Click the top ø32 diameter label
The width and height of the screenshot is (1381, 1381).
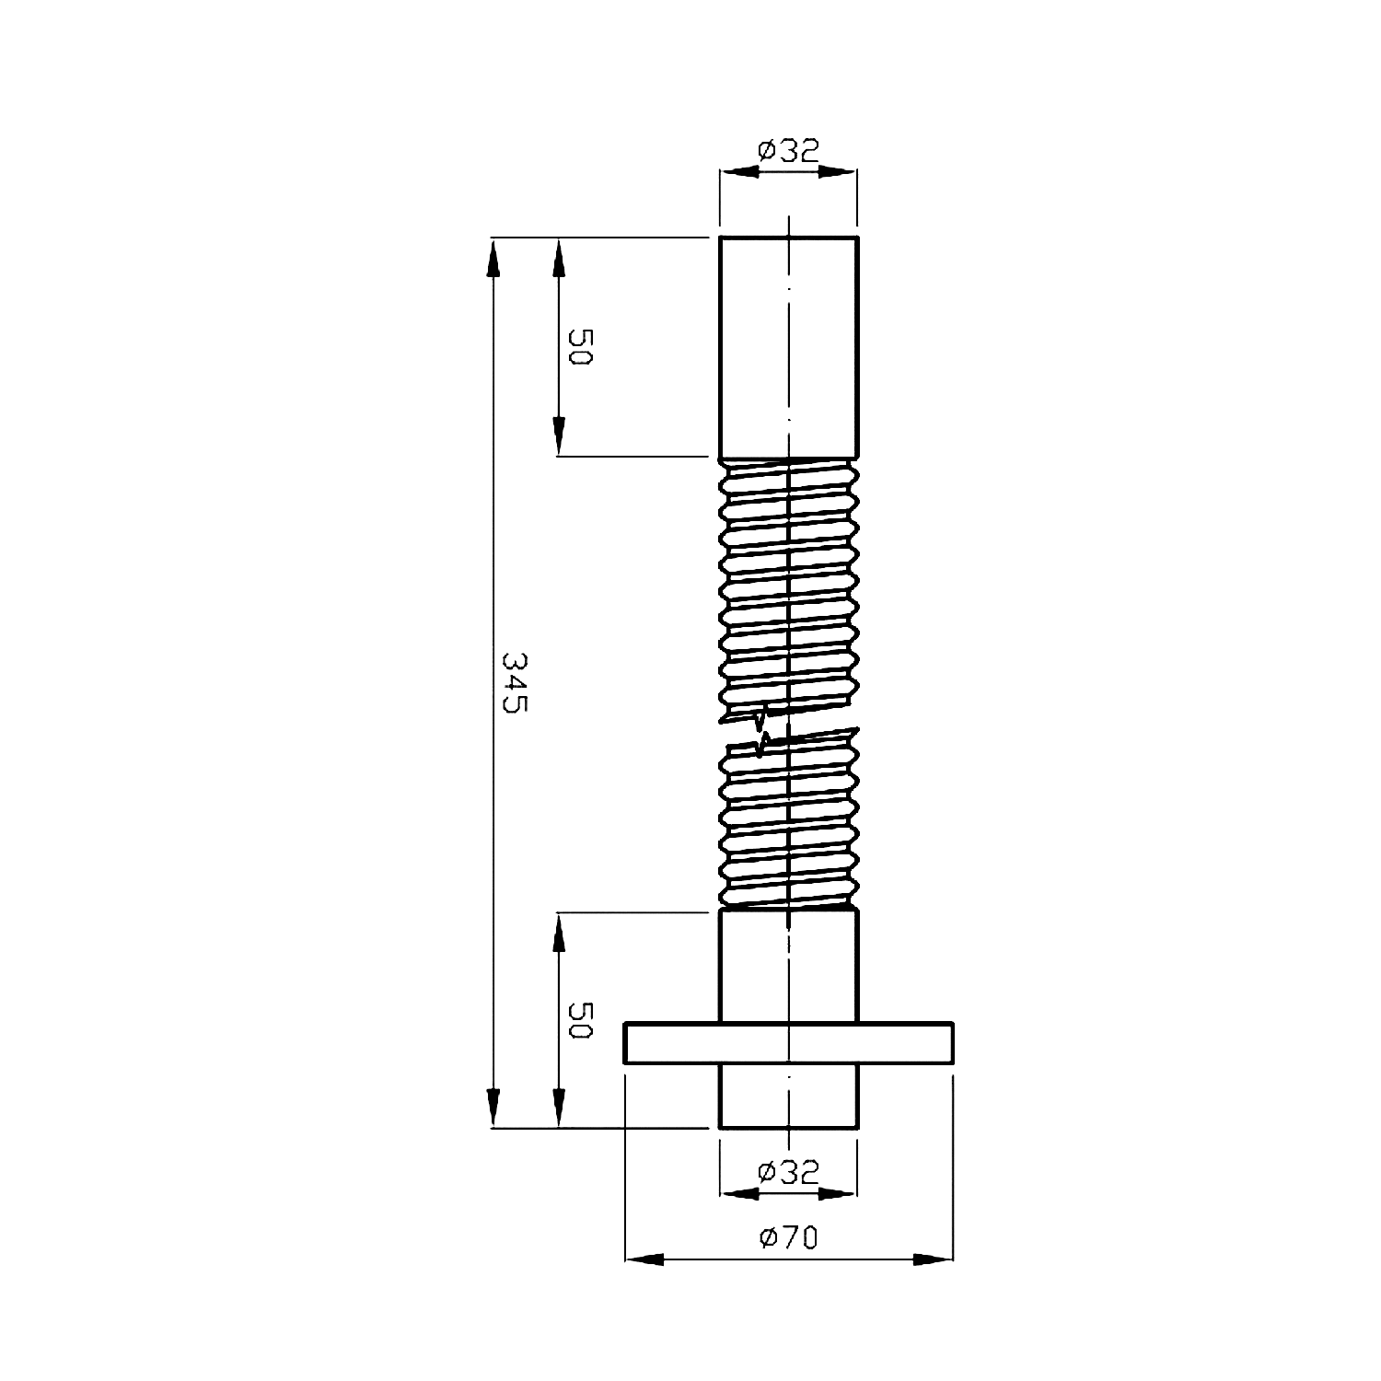(x=788, y=150)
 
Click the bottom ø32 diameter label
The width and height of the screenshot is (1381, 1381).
(x=788, y=1171)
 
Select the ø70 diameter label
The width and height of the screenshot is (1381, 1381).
(x=789, y=1238)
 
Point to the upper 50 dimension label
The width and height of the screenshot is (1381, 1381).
(x=579, y=347)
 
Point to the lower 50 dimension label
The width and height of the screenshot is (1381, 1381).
(x=579, y=1020)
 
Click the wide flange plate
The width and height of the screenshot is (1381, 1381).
(x=789, y=1043)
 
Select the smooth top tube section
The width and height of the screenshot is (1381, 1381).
(x=789, y=347)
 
